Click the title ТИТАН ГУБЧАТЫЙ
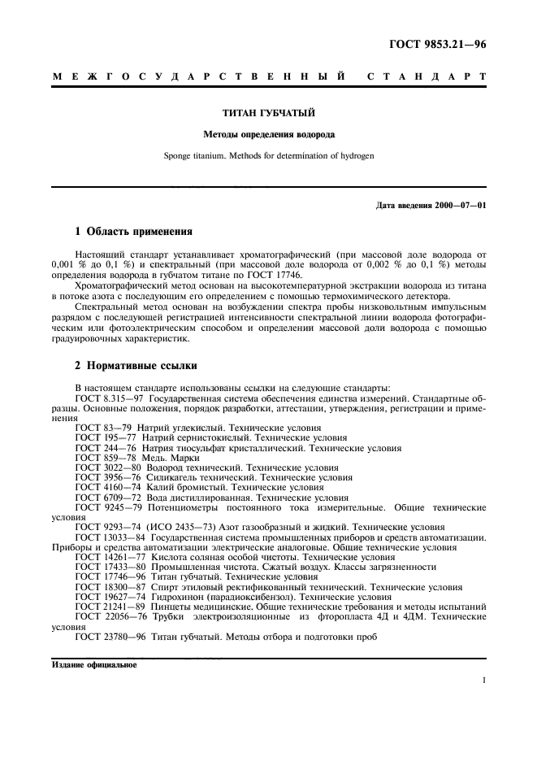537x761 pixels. pos(269,114)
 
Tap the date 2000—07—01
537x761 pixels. pos(461,205)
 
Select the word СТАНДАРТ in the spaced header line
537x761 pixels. pos(427,77)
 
